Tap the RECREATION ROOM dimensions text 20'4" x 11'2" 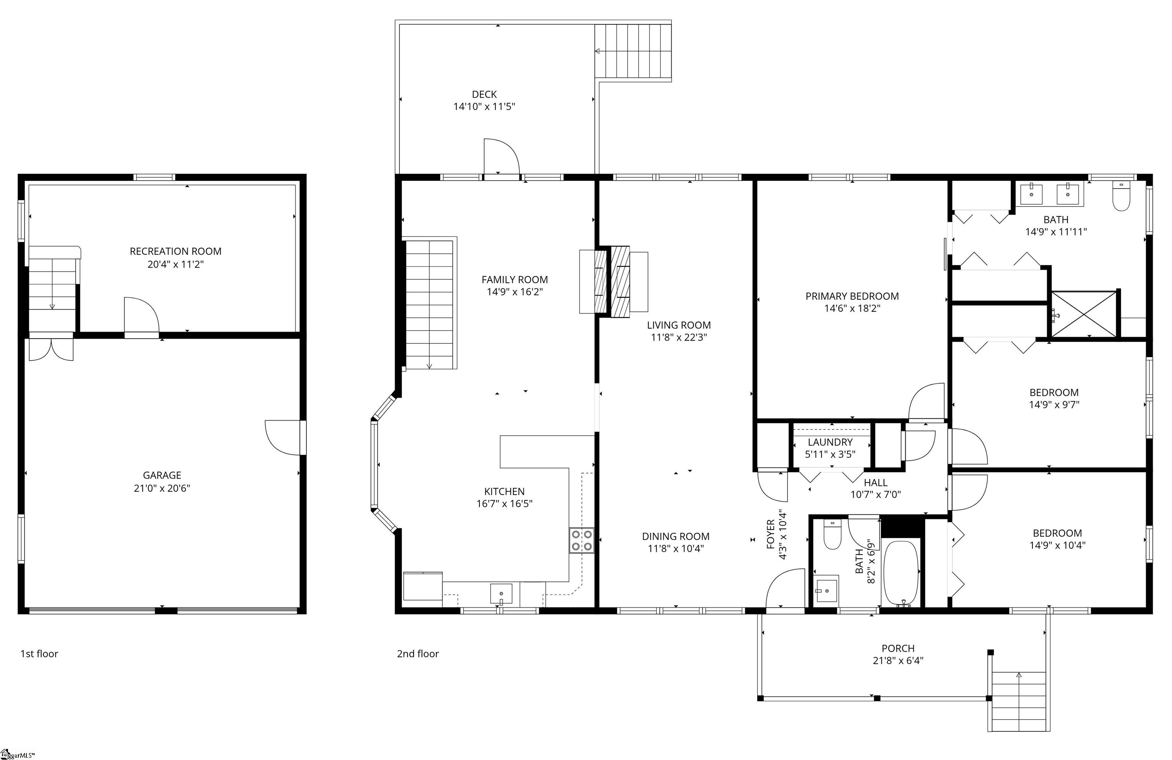point(175,264)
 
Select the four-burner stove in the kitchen point(581,540)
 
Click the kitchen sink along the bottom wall point(501,594)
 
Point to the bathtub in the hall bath point(901,573)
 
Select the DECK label point(484,94)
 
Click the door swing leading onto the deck point(501,157)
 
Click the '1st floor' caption point(39,654)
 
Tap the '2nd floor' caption point(418,654)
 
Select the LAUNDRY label point(830,442)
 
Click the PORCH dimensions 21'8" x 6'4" point(898,660)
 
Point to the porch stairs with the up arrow point(1018,701)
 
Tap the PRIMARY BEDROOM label point(852,296)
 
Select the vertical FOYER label point(771,534)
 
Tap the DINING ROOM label point(675,536)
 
